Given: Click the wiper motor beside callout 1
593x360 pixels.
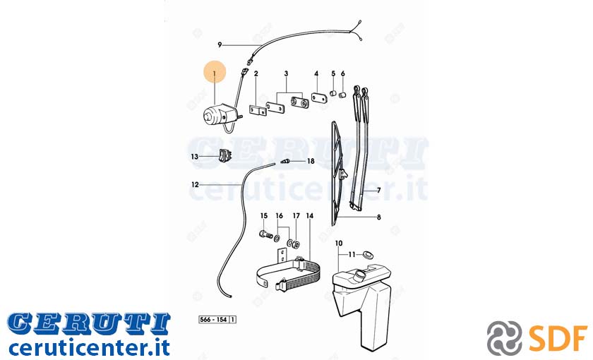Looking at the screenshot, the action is pos(220,114).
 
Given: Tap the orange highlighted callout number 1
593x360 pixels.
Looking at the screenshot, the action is pos(215,73).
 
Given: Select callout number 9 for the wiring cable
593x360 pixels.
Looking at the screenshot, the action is pos(220,45).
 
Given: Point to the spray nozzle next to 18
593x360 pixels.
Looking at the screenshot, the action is pos(286,162).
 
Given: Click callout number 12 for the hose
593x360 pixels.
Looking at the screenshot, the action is pos(195,185).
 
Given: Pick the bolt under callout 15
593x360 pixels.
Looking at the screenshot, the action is pos(266,234).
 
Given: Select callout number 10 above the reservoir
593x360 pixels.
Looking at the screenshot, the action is pos(338,243).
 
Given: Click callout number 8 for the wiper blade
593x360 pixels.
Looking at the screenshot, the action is pos(378,217).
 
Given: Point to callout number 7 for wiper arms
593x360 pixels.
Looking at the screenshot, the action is pos(378,191).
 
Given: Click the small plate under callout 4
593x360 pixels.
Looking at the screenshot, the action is pos(320,97).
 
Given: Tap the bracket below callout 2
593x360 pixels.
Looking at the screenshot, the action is pos(258,110).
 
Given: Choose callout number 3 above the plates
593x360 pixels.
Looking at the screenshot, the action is pos(286,73).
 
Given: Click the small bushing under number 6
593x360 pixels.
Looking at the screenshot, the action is pos(342,94).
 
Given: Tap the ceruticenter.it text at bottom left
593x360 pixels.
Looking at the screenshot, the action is pos(89,348).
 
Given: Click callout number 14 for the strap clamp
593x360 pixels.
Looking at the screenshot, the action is pos(310,216).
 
